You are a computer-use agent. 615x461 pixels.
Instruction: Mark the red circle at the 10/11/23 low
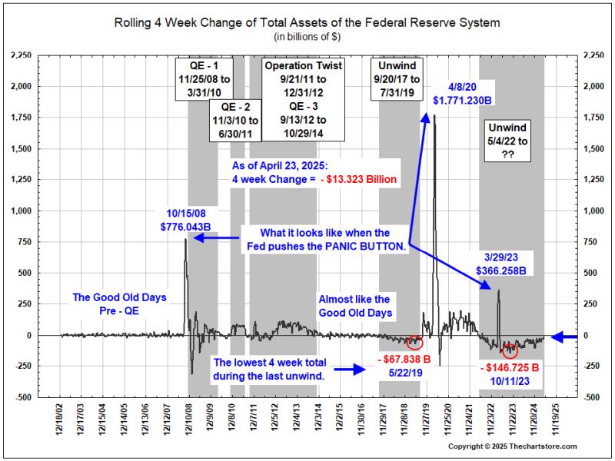point(509,351)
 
